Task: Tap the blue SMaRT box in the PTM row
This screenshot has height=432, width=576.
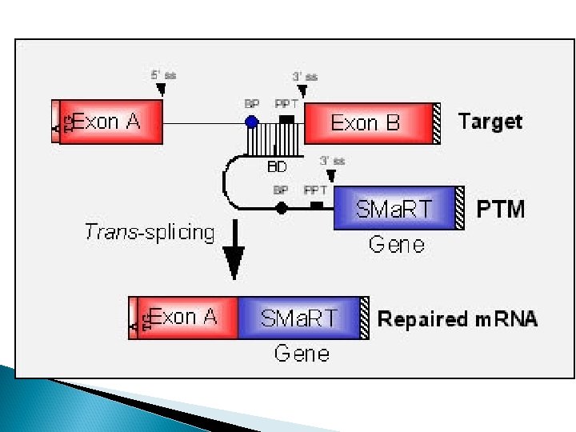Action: point(394,209)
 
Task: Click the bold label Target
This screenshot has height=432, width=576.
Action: point(490,122)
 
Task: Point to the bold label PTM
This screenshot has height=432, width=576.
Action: point(501,210)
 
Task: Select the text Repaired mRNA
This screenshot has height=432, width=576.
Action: point(457,319)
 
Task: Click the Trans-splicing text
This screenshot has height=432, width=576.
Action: point(150,233)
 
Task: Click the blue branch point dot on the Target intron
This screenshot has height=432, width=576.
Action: point(252,122)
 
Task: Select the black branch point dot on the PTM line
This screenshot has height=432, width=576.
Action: point(281,208)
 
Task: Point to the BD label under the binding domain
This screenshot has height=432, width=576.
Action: point(277,168)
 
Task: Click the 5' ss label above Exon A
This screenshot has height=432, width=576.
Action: point(163,74)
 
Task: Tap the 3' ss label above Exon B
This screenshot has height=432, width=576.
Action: point(305,77)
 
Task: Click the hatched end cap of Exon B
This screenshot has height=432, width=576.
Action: point(436,122)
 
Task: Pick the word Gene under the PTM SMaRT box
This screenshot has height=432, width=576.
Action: point(396,244)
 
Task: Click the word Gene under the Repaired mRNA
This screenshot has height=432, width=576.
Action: point(302,353)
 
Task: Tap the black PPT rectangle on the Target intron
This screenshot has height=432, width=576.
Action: point(286,118)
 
